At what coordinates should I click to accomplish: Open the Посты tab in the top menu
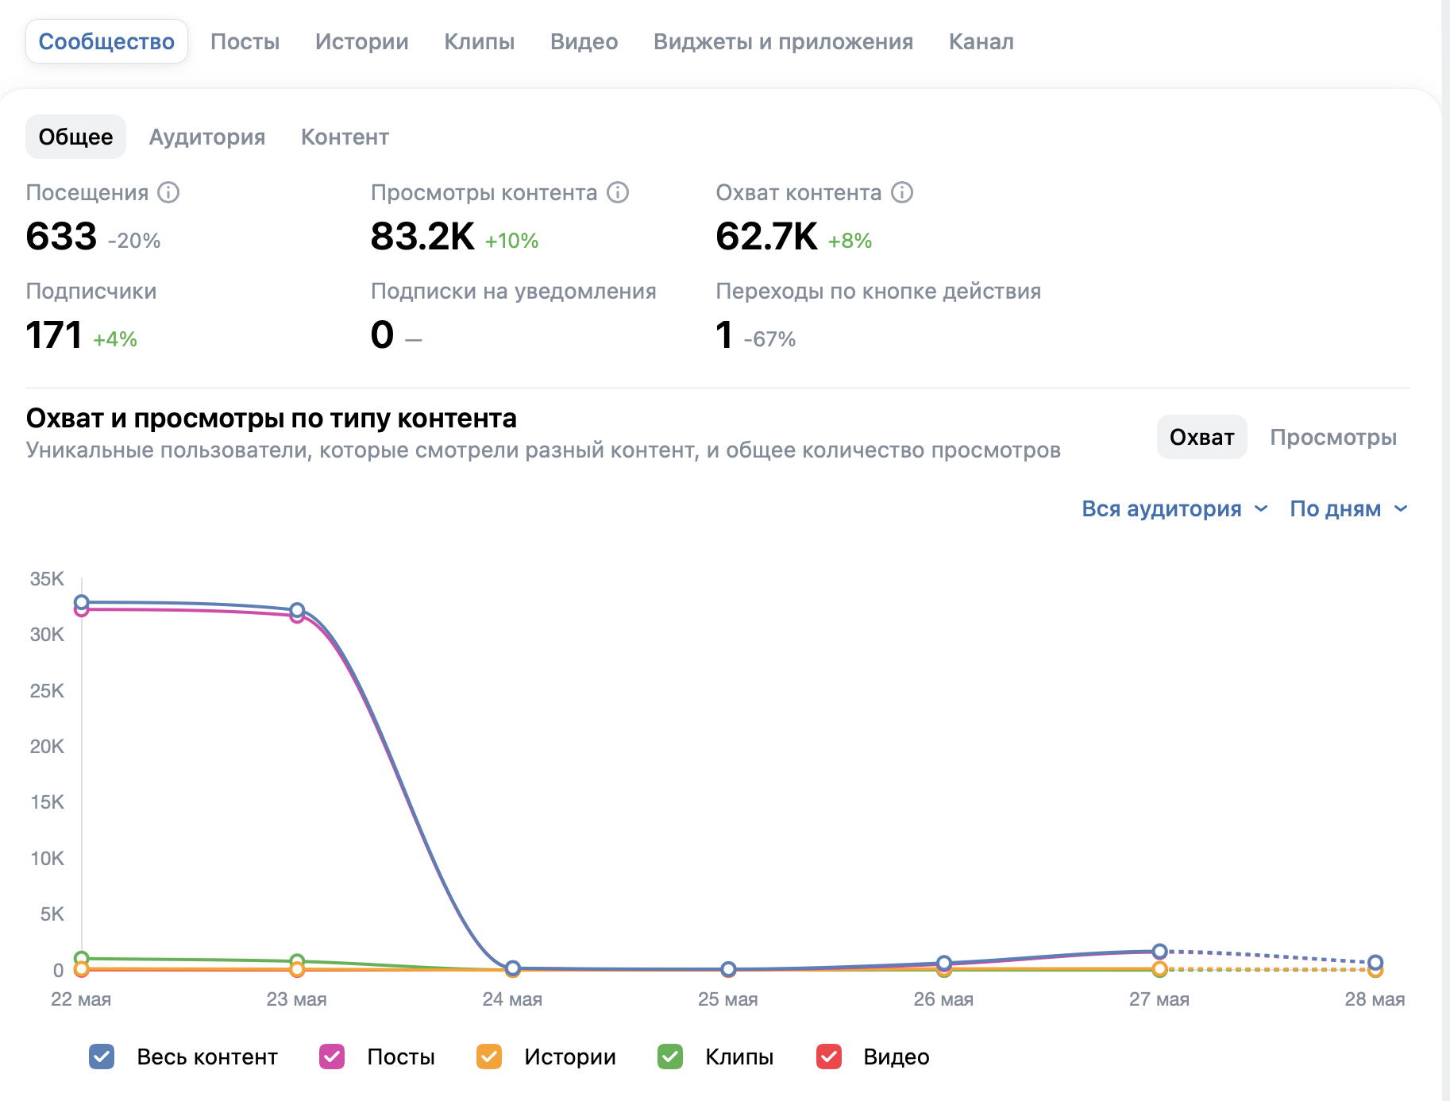pos(245,41)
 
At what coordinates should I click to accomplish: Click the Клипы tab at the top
pos(479,41)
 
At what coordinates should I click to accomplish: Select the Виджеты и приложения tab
pos(783,41)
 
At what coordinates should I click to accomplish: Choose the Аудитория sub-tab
pos(207,137)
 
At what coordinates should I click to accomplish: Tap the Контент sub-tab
pos(345,137)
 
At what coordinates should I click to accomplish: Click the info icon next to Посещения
pos(168,192)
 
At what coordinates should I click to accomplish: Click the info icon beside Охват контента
pos(902,192)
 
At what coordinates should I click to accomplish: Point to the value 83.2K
pos(422,236)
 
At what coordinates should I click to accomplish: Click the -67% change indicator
pos(769,339)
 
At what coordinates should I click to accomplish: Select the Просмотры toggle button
pos(1333,437)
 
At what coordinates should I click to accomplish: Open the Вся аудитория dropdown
pos(1174,508)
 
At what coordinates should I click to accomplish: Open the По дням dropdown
pos(1348,508)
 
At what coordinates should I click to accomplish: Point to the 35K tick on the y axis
pos(47,578)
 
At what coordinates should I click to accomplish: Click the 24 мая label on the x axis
pos(512,999)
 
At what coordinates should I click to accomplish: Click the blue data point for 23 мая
pos(297,610)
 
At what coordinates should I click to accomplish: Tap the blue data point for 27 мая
pos(1159,951)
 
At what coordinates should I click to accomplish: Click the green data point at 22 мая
pos(81,959)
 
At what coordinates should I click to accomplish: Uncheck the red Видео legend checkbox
pos(829,1057)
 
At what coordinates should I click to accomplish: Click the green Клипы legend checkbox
pos(670,1057)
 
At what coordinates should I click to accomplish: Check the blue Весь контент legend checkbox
pos(102,1057)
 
